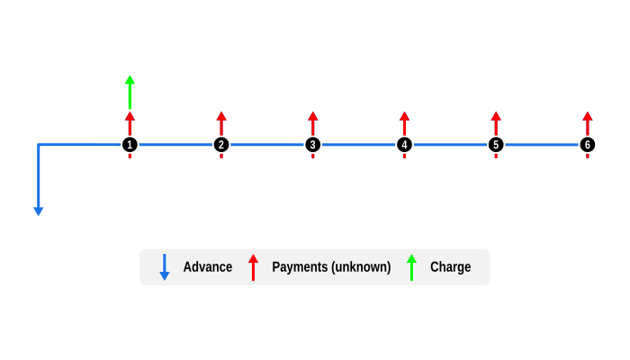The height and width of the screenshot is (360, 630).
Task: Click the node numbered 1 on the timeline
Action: [x=130, y=145]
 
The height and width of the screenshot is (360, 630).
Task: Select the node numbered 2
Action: [x=221, y=145]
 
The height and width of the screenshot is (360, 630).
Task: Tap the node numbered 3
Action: [x=313, y=145]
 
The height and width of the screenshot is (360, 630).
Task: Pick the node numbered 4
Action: [x=404, y=145]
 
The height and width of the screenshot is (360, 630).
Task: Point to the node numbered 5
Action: [x=496, y=145]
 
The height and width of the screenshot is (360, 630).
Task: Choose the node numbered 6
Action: [x=588, y=145]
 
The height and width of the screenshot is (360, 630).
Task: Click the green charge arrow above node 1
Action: [x=130, y=91]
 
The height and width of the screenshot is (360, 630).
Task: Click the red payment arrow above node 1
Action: [x=130, y=123]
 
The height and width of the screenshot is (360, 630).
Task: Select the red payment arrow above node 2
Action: [x=221, y=123]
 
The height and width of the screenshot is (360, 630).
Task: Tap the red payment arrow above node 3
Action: [x=313, y=123]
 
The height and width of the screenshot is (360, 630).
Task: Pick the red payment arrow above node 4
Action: [x=404, y=123]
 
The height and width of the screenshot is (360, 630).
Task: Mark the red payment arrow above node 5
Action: [x=496, y=123]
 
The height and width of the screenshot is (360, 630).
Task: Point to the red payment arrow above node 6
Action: [x=588, y=123]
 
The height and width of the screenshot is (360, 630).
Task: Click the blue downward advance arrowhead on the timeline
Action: [x=38, y=211]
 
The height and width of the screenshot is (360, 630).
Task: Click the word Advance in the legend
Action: [x=208, y=267]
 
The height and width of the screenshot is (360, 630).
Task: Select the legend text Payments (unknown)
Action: [x=331, y=267]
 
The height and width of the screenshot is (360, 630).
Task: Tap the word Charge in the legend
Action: [x=450, y=267]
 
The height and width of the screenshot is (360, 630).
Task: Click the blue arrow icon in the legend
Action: [x=164, y=267]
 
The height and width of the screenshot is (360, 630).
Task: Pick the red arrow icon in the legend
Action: [x=253, y=267]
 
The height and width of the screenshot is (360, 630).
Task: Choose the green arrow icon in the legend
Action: [x=411, y=267]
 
